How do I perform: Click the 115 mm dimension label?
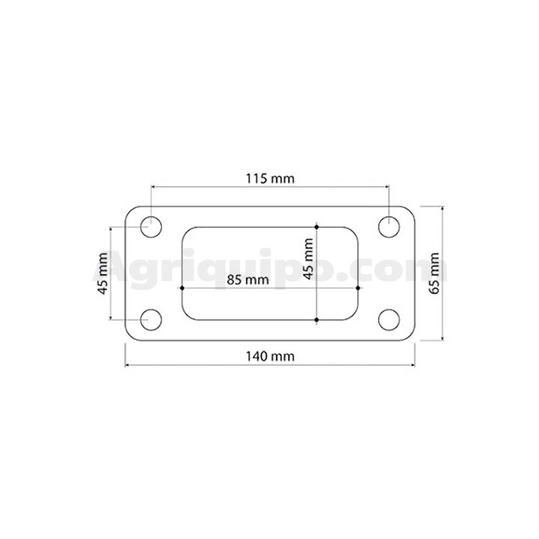tap(269, 179)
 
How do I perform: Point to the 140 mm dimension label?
tap(269, 356)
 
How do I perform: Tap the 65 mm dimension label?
tap(434, 273)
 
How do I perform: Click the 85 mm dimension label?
tap(248, 280)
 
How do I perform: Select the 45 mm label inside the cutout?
tap(308, 258)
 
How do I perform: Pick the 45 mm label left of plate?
tap(103, 274)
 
